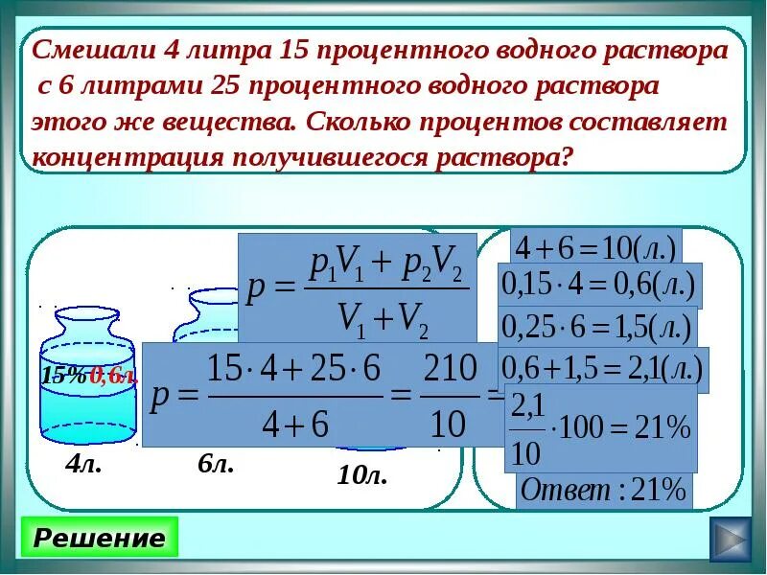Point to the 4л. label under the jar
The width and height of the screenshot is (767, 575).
click(83, 467)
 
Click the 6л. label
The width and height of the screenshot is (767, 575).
click(216, 465)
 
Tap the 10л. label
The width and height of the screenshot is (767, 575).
click(361, 474)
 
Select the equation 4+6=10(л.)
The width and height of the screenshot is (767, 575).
click(595, 248)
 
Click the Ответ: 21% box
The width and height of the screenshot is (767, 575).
click(604, 491)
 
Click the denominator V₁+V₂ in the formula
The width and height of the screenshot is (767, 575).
click(383, 315)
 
